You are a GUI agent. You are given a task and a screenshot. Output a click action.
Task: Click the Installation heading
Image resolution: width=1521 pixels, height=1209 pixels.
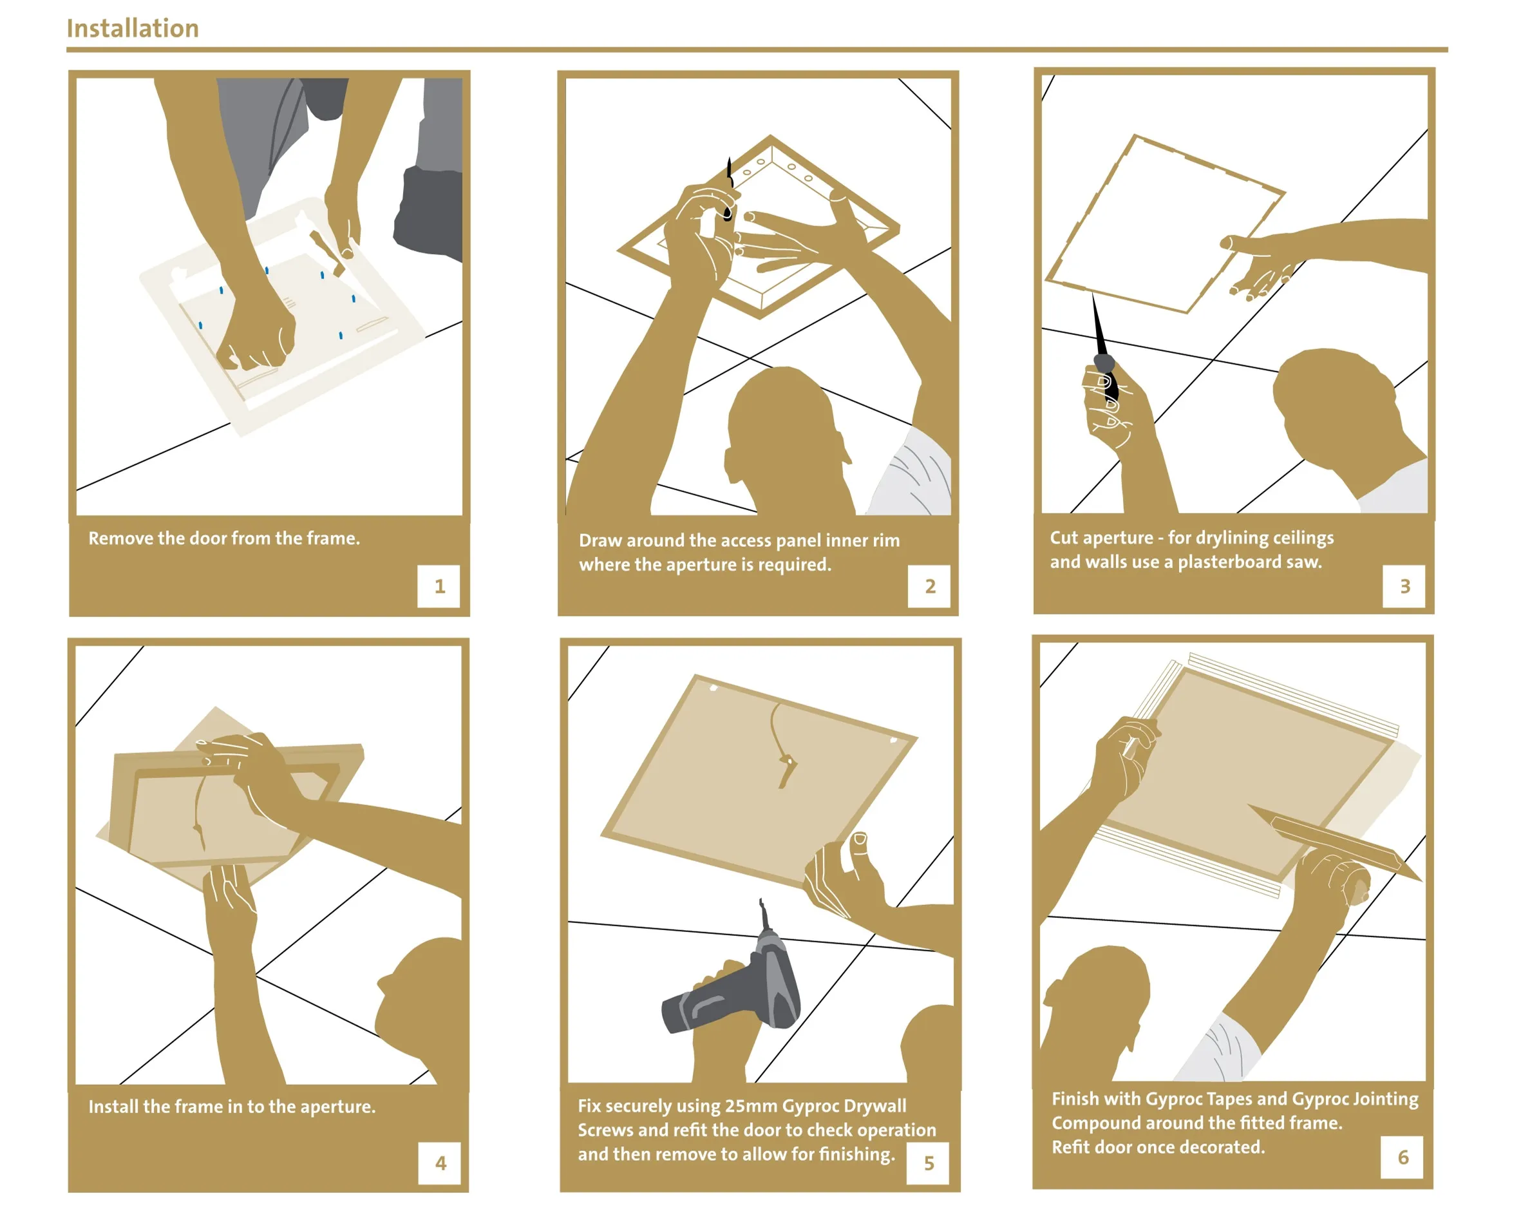click(x=133, y=28)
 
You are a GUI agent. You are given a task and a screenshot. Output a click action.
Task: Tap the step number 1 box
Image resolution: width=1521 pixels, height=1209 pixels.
click(x=439, y=585)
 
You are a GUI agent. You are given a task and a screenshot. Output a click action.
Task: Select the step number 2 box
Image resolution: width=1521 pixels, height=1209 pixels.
click(x=929, y=585)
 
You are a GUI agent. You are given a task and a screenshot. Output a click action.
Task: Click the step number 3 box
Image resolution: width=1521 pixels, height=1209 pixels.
click(x=1403, y=585)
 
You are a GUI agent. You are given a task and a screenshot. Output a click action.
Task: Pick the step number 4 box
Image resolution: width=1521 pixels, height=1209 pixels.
click(x=440, y=1163)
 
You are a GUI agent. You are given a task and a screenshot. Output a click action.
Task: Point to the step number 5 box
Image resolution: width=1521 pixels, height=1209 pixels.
click(x=929, y=1163)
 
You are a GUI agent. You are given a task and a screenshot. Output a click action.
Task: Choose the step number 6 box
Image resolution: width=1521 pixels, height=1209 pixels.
click(x=1402, y=1157)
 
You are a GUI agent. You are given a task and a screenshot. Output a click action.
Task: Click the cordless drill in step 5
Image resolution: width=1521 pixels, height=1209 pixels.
click(x=733, y=974)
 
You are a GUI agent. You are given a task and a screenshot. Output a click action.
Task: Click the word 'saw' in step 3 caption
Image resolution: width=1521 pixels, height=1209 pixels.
click(x=1304, y=562)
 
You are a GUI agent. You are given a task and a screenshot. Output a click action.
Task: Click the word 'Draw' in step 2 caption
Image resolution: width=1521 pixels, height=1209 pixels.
click(x=600, y=540)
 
